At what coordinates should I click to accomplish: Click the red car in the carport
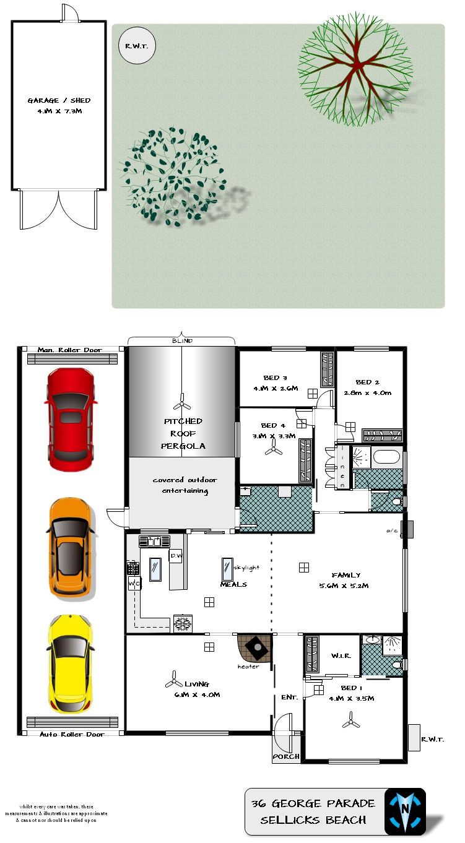pos(71,419)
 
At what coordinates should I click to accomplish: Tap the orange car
pos(71,548)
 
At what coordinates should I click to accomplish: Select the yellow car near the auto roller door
pos(71,664)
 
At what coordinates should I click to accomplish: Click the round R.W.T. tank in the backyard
pos(137,46)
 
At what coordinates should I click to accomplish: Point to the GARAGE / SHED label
pos(59,100)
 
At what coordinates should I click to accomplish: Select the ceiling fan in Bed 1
pos(351,720)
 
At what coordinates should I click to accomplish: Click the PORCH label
pos(286,756)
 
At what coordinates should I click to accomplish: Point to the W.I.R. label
pos(341,655)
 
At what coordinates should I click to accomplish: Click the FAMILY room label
pos(346,574)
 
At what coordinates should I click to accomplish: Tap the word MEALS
pos(233,584)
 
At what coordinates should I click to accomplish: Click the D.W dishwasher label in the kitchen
pos(176,556)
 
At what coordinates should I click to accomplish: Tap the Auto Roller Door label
pos(72,734)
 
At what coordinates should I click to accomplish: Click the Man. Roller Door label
pos(69,350)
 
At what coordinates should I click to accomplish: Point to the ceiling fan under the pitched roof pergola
pos(182,402)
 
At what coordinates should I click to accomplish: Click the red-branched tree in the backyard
pos(355,69)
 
